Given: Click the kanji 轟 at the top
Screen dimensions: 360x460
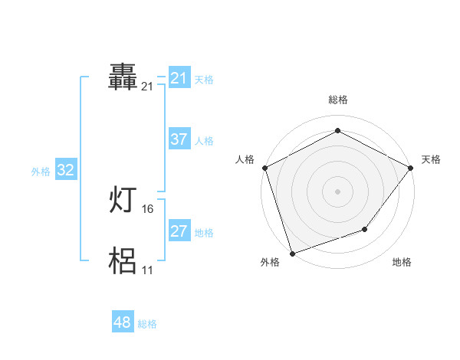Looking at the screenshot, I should [x=123, y=78].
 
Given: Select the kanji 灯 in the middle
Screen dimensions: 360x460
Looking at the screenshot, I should [x=123, y=201].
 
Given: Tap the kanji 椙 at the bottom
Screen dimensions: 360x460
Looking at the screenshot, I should [x=123, y=261].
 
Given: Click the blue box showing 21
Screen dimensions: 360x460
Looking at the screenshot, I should [x=179, y=78].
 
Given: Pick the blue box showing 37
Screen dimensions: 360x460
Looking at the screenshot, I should [x=179, y=139].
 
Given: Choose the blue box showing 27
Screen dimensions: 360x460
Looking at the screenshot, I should [x=179, y=231].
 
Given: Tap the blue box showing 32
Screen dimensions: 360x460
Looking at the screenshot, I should [x=65, y=170].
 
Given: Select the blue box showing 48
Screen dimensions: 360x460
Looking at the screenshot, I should [x=122, y=322].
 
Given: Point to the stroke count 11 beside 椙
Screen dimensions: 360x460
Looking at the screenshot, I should [x=148, y=270].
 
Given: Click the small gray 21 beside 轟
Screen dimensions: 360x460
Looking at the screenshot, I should [x=147, y=87].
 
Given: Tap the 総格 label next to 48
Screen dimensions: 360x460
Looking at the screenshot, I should [x=147, y=324].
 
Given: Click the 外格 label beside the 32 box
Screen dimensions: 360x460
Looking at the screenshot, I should [x=41, y=172].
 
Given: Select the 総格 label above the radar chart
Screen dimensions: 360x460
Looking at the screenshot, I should [x=337, y=100].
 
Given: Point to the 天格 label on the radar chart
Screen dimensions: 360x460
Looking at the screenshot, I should [x=431, y=159].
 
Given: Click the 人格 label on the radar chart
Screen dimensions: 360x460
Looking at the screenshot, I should [x=245, y=159].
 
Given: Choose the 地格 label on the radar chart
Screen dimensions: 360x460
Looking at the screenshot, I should [x=402, y=262].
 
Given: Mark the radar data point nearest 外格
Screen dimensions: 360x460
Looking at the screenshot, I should [x=292, y=253].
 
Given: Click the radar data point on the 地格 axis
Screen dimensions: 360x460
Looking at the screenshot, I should [x=365, y=228].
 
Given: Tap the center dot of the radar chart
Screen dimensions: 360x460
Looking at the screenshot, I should [x=337, y=191].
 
